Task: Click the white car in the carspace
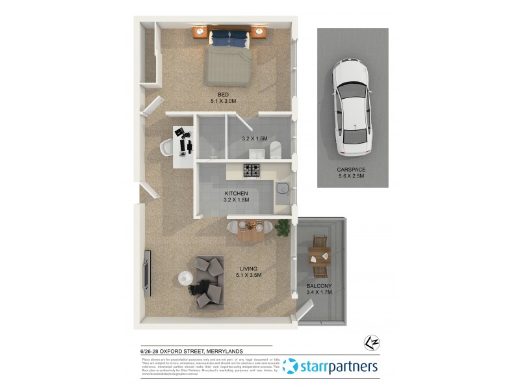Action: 352,108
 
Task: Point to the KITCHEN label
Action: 236,194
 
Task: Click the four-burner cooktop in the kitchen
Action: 252,170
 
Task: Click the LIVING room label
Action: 248,268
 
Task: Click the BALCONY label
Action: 318,286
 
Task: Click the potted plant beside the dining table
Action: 283,227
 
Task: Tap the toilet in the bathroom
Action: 275,149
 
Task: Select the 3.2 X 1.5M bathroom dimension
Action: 255,138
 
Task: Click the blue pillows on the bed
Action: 229,38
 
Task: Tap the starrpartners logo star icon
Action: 290,366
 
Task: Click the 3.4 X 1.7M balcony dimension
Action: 318,292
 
